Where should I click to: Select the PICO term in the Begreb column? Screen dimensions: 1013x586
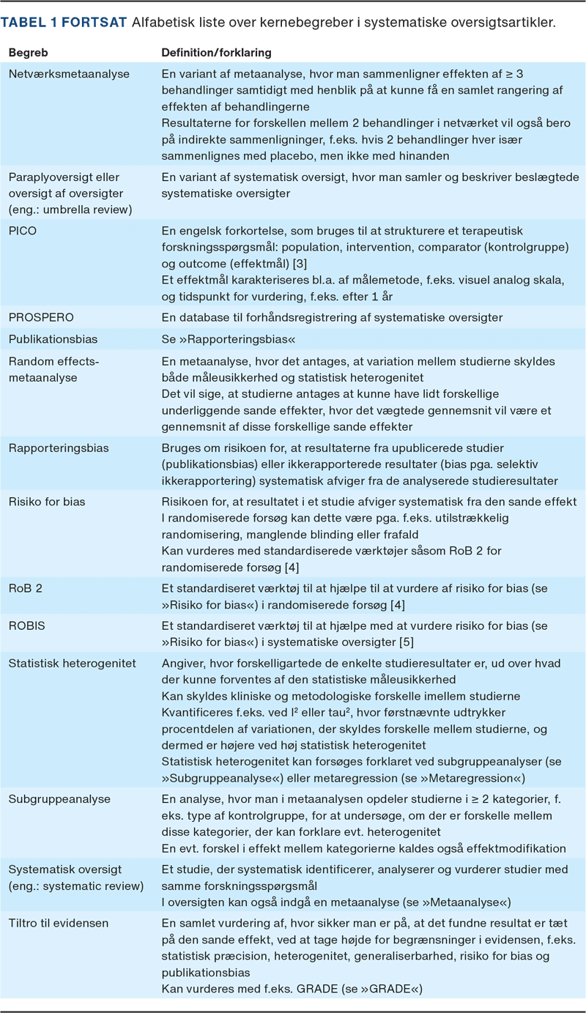click(x=22, y=231)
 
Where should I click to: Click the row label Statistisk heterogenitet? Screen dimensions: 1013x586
click(x=72, y=664)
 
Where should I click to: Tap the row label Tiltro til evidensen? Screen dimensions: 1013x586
click(x=58, y=923)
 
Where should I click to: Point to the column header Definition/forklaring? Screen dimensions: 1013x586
click(x=216, y=53)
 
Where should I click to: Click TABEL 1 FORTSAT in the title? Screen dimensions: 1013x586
click(x=64, y=23)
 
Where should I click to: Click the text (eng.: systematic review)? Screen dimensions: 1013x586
click(x=75, y=886)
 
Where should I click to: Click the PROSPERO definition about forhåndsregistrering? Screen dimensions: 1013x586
click(x=332, y=317)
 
